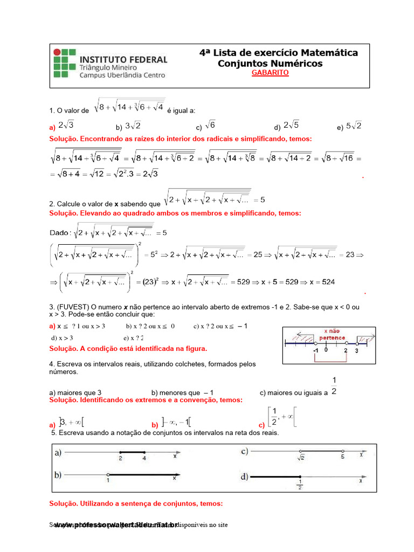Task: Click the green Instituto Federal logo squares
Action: (x=63, y=64)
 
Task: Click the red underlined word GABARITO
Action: (x=270, y=73)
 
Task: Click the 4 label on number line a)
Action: (x=144, y=458)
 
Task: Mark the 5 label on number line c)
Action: (x=342, y=458)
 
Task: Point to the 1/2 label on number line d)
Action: (x=300, y=485)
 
